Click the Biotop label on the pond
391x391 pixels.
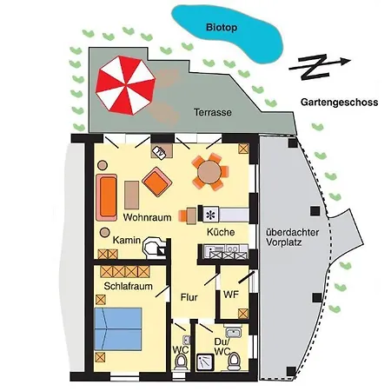click(x=222, y=28)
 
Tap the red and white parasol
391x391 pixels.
click(x=125, y=85)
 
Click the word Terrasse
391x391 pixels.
click(x=213, y=112)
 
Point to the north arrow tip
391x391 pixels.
click(x=351, y=61)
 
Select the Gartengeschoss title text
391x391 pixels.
click(x=339, y=103)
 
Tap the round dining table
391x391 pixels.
click(x=209, y=172)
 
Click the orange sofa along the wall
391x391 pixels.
click(x=107, y=197)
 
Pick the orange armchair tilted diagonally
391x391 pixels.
click(x=157, y=182)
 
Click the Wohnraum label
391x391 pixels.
click(x=147, y=217)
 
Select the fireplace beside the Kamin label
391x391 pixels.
click(x=155, y=248)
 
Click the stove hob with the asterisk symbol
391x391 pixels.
click(x=211, y=215)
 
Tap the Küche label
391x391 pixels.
click(x=221, y=232)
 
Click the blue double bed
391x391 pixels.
click(x=118, y=329)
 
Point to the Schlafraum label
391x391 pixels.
click(x=128, y=286)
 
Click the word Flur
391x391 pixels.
click(x=189, y=297)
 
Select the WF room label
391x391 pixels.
click(x=231, y=295)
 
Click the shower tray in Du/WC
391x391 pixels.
click(x=205, y=362)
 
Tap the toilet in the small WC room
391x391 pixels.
click(x=181, y=361)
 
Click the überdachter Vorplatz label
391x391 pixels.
click(x=292, y=237)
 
